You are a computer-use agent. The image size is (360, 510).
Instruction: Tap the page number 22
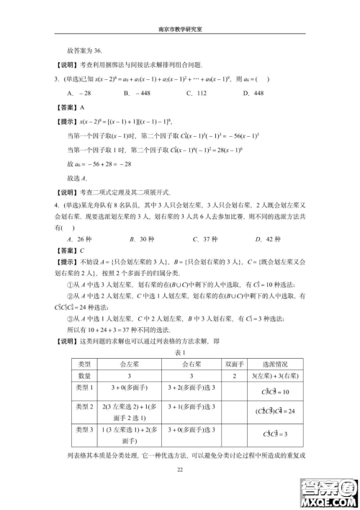point(181,470)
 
